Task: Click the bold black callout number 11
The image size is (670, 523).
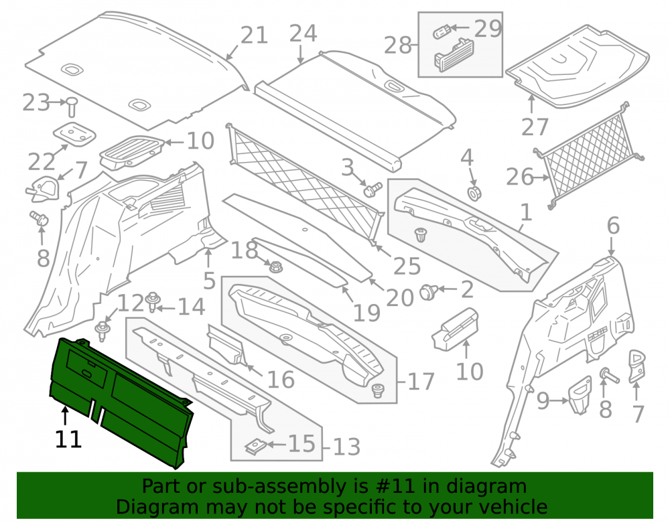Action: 68,439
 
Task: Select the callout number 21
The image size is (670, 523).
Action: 254,35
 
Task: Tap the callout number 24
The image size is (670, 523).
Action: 303,33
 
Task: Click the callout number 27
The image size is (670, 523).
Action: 535,127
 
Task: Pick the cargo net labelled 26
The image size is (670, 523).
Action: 590,156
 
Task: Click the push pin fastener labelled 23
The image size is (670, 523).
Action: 72,106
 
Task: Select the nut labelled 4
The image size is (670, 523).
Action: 474,193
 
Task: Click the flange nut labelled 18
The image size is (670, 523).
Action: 275,267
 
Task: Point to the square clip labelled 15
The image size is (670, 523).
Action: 255,446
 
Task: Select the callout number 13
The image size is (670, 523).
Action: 346,447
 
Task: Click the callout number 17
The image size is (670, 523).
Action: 421,381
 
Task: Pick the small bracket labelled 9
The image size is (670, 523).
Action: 580,394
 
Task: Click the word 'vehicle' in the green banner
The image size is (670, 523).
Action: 514,507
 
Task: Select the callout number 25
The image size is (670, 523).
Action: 407,266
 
